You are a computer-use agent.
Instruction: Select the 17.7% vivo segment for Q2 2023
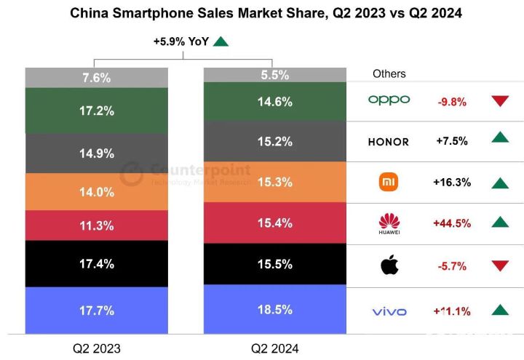[x=97, y=311]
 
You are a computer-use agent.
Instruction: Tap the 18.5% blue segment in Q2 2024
[x=274, y=310]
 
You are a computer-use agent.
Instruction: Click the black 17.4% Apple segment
[x=97, y=264]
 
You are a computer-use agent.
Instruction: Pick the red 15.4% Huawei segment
[x=274, y=223]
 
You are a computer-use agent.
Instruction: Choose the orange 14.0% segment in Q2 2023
[x=97, y=192]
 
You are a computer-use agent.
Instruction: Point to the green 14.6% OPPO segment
[x=274, y=102]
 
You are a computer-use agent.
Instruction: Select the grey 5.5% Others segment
[x=274, y=75]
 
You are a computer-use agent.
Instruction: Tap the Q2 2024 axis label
[x=274, y=348]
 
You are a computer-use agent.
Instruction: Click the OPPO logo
[x=389, y=100]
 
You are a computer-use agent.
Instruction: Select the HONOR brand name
[x=388, y=142]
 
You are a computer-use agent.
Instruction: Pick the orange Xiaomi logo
[x=389, y=182]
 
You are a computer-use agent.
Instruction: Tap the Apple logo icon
[x=389, y=265]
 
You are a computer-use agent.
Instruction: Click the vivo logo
[x=389, y=312]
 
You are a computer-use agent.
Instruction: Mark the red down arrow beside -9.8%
[x=499, y=101]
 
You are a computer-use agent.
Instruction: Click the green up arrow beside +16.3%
[x=499, y=182]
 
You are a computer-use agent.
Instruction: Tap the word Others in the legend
[x=389, y=73]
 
